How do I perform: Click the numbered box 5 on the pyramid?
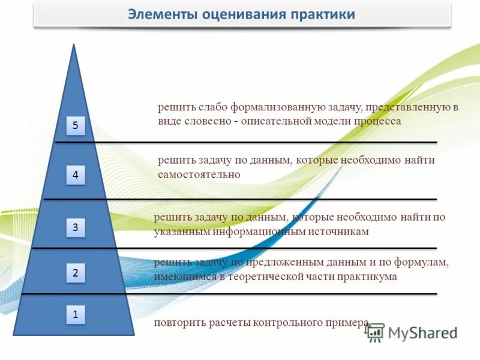(76, 125)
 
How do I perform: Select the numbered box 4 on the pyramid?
(76, 175)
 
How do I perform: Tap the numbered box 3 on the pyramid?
(76, 227)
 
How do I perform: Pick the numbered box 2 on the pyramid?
(76, 273)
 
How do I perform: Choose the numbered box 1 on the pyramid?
(76, 313)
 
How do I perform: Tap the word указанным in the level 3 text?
(178, 231)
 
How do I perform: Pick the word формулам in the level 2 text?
(423, 263)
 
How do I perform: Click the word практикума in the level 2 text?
(365, 277)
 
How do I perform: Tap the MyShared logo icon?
(376, 331)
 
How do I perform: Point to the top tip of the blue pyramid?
(73, 46)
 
